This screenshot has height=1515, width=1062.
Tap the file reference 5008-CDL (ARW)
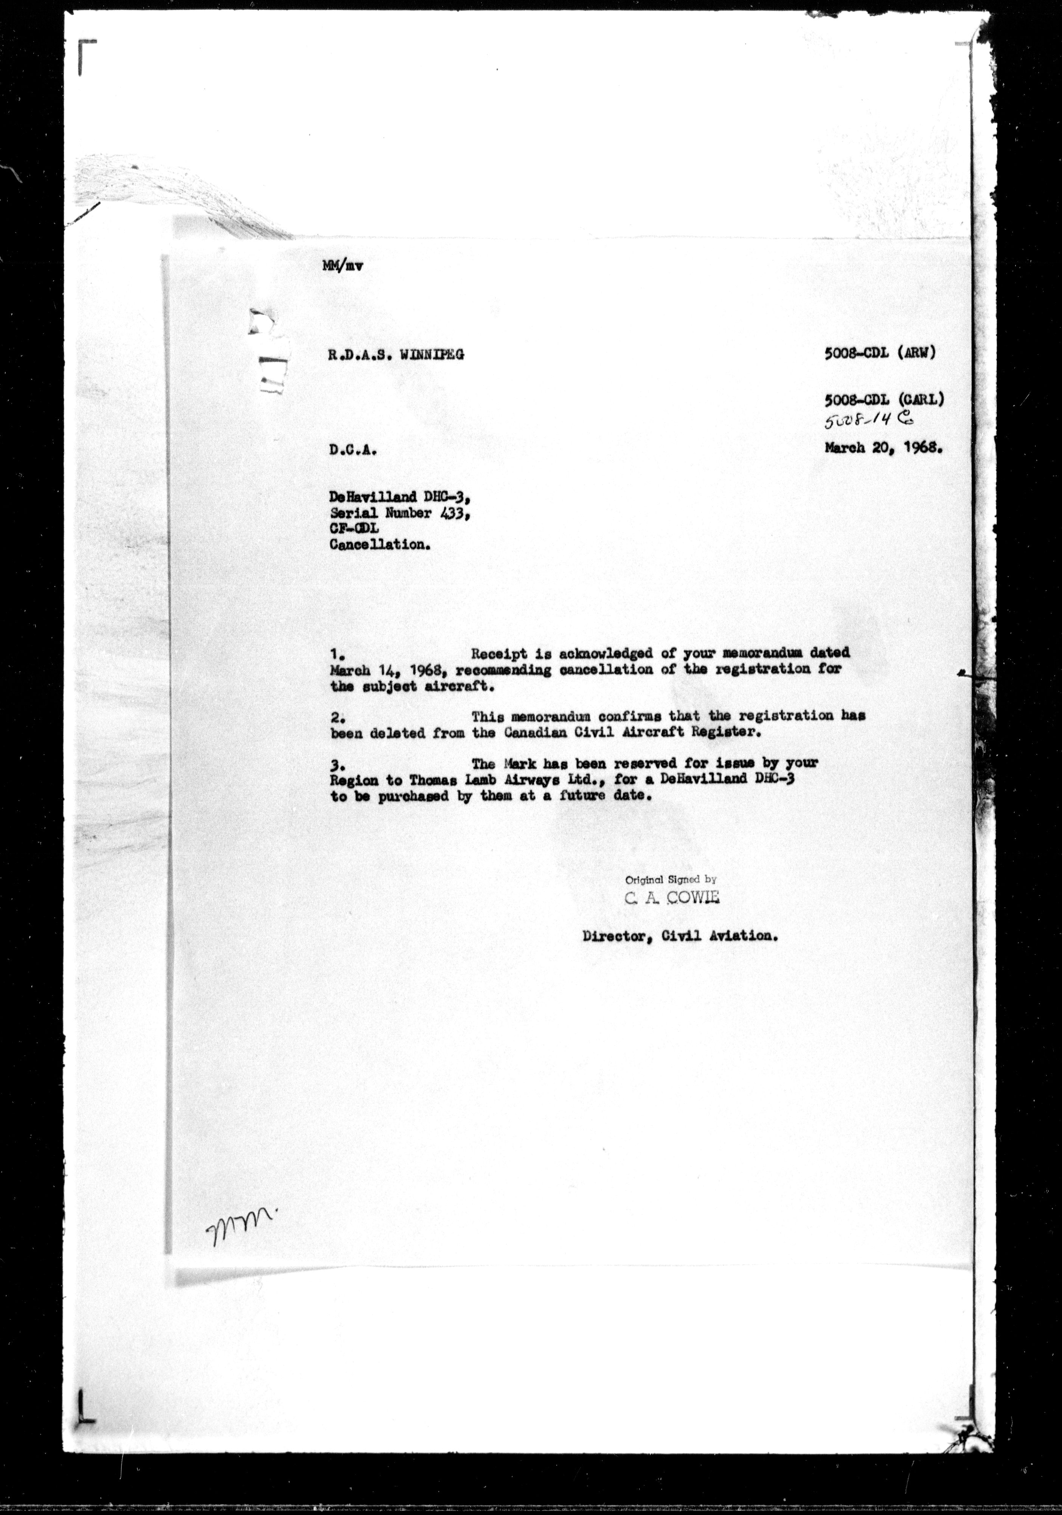click(x=880, y=353)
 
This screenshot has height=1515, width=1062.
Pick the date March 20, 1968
click(x=882, y=448)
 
